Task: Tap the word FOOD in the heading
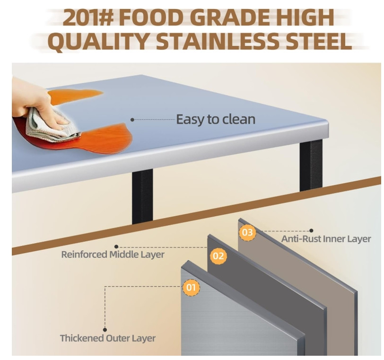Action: (152, 18)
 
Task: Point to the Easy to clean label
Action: (216, 119)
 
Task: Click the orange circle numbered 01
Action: (191, 287)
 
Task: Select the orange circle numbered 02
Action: (218, 256)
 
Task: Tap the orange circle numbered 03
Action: (247, 232)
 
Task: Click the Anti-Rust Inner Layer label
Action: (326, 239)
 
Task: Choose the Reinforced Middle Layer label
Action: (113, 254)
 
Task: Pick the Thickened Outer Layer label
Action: (108, 338)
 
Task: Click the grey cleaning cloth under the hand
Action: (52, 127)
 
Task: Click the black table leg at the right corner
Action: (311, 165)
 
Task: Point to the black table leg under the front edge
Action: (142, 196)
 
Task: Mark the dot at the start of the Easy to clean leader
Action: (132, 120)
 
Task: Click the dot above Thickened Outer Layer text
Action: (105, 330)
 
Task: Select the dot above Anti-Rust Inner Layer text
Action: (311, 231)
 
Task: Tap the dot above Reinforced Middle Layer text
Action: (116, 246)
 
